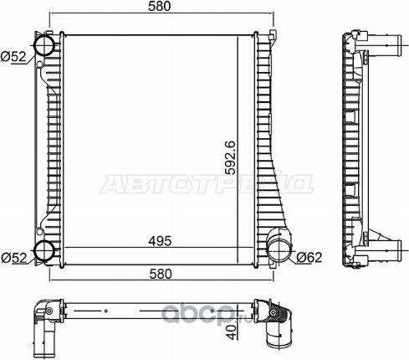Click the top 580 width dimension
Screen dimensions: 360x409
coord(158,7)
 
